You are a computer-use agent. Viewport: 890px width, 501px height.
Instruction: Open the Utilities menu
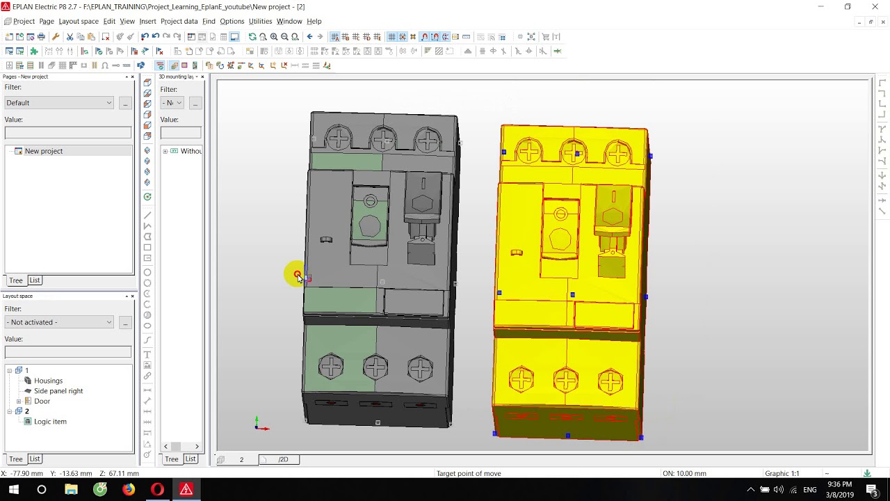pyautogui.click(x=260, y=22)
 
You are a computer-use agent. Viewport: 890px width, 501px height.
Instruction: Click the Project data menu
pyautogui.click(x=179, y=22)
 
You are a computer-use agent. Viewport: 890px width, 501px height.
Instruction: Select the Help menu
pyautogui.click(x=314, y=22)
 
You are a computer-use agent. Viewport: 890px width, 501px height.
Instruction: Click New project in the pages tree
pyautogui.click(x=43, y=151)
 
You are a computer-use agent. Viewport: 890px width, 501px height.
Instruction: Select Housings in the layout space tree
pyautogui.click(x=48, y=381)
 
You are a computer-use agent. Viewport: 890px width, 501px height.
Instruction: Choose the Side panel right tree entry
pyautogui.click(x=58, y=391)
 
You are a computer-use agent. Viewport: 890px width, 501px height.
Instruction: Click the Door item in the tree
pyautogui.click(x=42, y=401)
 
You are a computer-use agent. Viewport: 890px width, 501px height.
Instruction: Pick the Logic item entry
pyautogui.click(x=50, y=422)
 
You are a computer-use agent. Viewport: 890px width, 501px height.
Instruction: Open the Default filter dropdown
pyautogui.click(x=59, y=103)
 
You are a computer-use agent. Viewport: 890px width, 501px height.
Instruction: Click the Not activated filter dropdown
pyautogui.click(x=59, y=322)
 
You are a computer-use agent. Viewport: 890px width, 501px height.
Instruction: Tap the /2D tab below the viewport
pyautogui.click(x=283, y=459)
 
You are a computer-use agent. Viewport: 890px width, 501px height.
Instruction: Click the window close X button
pyautogui.click(x=875, y=7)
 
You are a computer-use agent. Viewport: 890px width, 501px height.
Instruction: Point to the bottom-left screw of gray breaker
pyautogui.click(x=331, y=366)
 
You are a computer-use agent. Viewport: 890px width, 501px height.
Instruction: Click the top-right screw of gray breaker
pyautogui.click(x=428, y=140)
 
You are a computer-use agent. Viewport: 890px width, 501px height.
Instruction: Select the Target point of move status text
pyautogui.click(x=469, y=474)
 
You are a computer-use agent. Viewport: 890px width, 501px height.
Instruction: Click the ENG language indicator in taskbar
pyautogui.click(x=809, y=490)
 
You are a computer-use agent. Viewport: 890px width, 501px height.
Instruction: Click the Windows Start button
pyautogui.click(x=13, y=490)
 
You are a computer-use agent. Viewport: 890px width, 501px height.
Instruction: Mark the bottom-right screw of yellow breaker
pyautogui.click(x=610, y=381)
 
